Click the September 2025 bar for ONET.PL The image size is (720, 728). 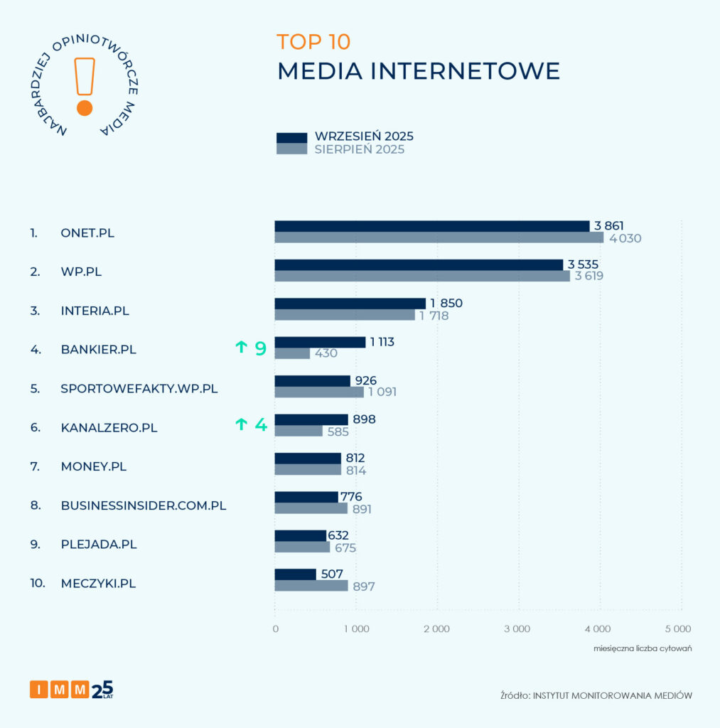432,226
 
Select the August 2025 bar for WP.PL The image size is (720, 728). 422,276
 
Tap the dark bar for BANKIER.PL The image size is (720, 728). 320,342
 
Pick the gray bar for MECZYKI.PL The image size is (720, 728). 311,586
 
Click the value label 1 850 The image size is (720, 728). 446,304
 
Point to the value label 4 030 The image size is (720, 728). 625,238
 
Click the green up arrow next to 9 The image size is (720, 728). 242,348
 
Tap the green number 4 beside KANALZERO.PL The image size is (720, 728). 261,425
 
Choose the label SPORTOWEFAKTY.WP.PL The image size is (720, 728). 139,389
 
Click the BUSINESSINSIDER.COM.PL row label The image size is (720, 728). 144,505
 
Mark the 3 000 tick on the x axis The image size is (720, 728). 517,628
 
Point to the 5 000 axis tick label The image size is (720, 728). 678,628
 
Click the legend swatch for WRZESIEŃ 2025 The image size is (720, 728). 291,137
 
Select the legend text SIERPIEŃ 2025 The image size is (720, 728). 360,149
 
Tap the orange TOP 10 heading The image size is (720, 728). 313,42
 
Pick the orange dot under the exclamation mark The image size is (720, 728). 85,108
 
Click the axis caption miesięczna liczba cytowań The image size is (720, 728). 643,648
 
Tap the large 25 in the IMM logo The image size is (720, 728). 102,689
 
